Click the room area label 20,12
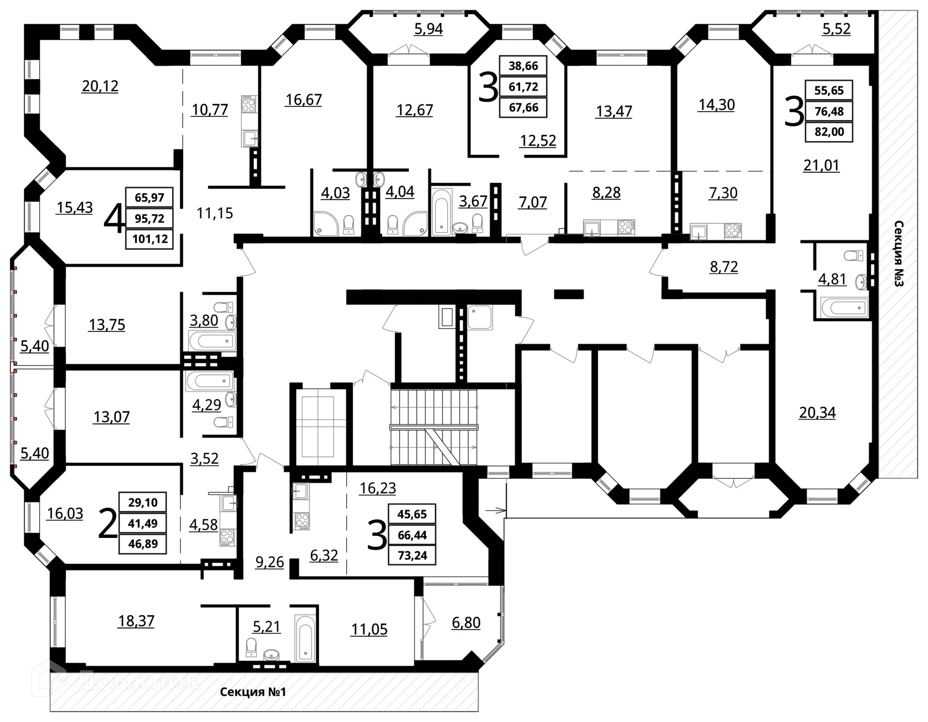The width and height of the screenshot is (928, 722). click(100, 86)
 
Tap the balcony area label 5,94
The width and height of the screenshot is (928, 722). click(428, 29)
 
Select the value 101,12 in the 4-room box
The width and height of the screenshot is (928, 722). click(149, 239)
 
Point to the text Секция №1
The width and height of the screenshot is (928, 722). click(253, 692)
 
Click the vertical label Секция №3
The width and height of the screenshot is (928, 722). click(899, 254)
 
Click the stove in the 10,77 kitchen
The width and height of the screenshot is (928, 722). click(248, 104)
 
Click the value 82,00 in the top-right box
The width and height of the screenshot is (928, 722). click(828, 132)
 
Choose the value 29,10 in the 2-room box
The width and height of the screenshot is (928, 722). click(143, 503)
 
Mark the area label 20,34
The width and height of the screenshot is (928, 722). click(817, 413)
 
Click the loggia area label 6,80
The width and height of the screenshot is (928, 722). click(466, 622)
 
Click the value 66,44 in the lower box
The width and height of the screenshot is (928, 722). click(412, 535)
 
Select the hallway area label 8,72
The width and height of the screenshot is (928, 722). click(724, 267)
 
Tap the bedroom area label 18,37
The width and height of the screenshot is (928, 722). click(136, 621)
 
